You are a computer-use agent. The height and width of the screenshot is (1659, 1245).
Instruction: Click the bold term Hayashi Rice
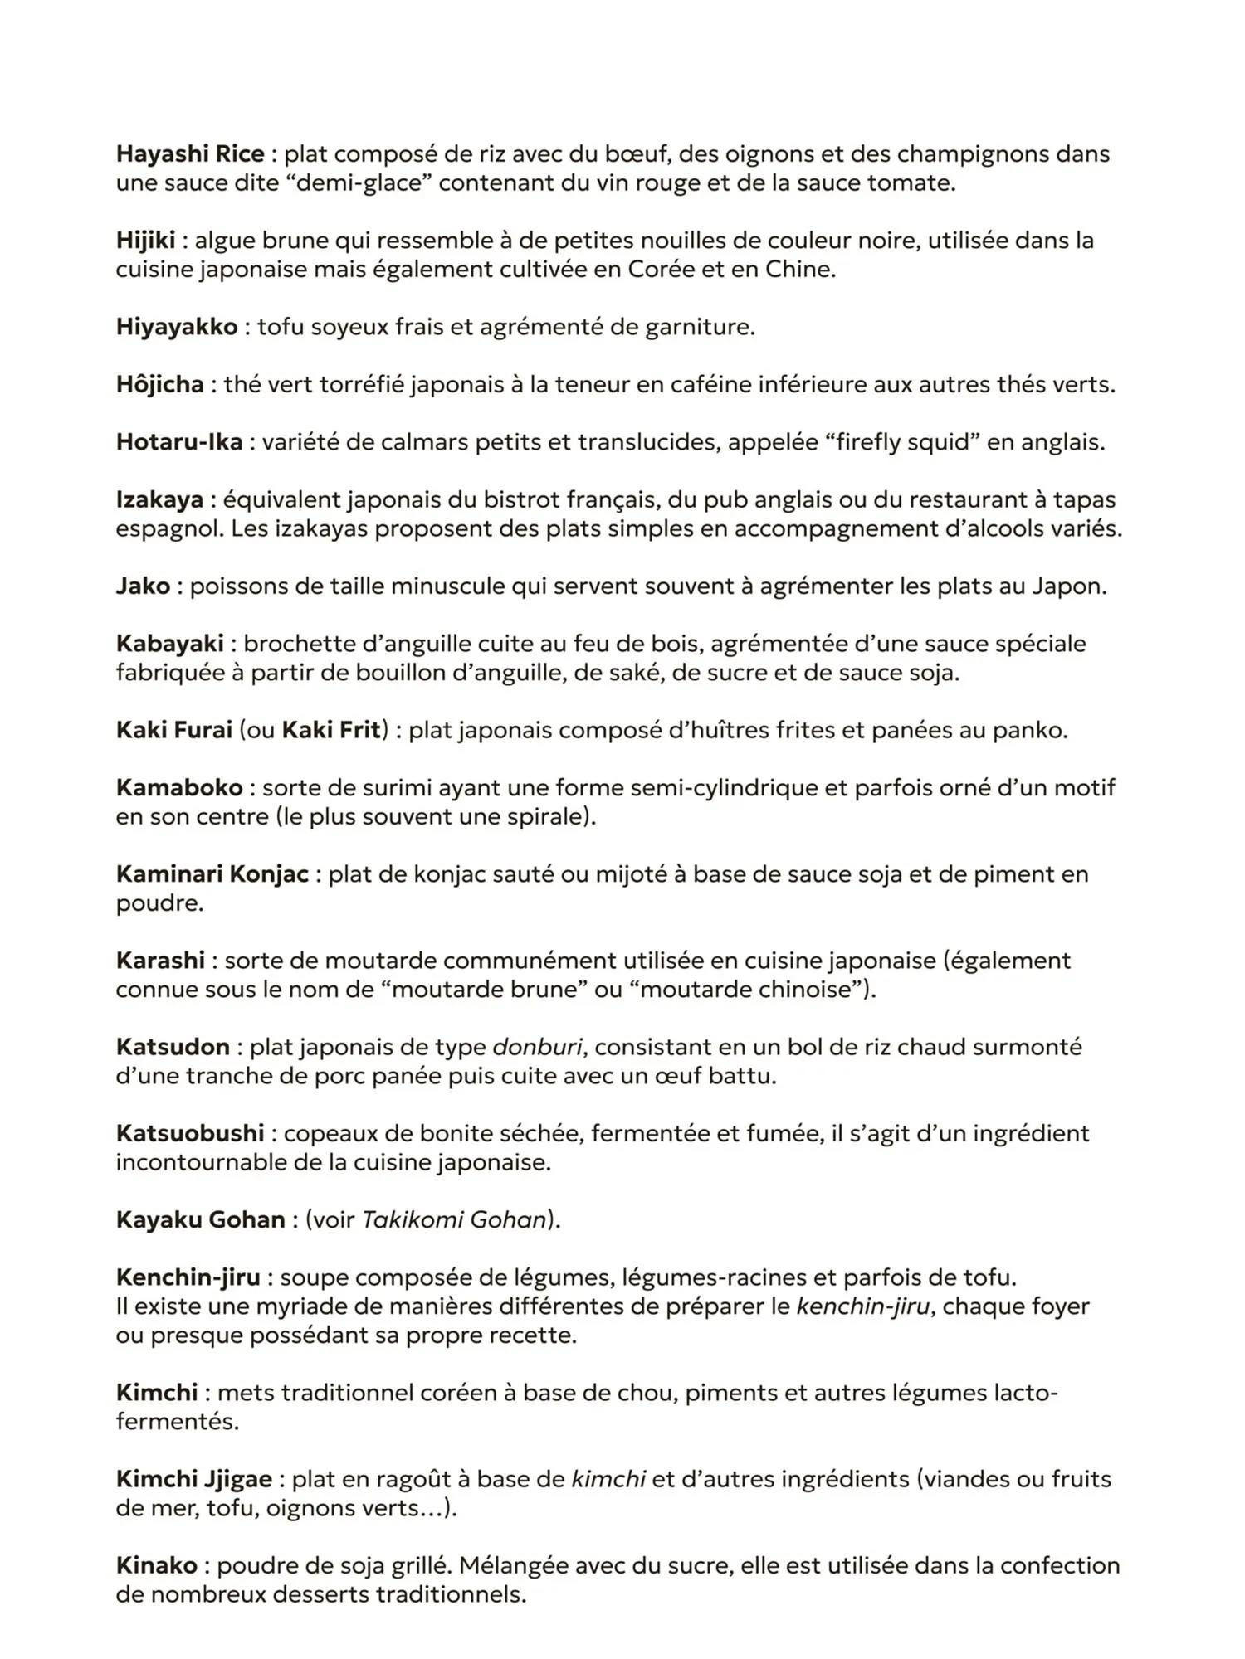190,154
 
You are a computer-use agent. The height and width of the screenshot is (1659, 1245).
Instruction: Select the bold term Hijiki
145,241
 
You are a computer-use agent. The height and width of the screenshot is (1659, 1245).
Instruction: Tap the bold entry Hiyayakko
177,327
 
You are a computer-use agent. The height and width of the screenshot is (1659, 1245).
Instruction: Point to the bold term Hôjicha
160,385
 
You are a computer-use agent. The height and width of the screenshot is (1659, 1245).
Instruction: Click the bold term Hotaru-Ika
179,442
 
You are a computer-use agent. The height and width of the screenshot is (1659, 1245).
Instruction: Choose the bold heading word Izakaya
159,499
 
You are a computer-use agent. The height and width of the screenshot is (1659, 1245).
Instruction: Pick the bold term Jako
143,586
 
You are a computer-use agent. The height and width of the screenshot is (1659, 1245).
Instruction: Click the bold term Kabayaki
170,644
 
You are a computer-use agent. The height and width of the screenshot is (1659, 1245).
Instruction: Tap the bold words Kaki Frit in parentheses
331,730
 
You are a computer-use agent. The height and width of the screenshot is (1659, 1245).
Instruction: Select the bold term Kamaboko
179,787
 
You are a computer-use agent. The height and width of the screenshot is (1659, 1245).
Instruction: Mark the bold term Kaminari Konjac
212,874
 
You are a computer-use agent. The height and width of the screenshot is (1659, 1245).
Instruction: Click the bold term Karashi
160,961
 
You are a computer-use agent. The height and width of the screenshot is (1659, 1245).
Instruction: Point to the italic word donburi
537,1047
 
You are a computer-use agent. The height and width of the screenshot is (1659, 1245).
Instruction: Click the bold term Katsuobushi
190,1133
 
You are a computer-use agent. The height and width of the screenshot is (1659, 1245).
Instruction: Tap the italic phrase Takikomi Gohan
455,1220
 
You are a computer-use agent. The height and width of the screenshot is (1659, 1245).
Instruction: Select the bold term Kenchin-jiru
188,1277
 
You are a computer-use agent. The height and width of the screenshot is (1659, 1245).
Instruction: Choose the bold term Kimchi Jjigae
194,1479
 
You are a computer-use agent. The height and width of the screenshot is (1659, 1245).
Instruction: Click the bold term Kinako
157,1566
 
